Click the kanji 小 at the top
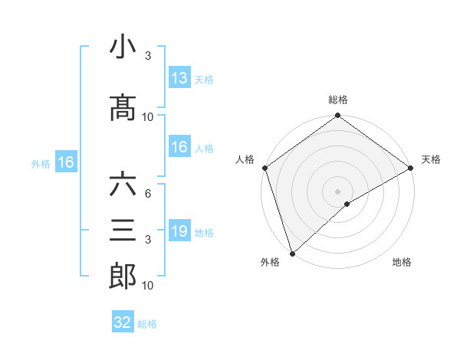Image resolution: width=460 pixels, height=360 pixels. click(x=123, y=47)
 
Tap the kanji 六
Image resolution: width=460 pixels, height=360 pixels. click(x=123, y=185)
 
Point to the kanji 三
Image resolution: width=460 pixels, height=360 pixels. click(x=123, y=231)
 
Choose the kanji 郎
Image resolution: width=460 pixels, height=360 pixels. click(x=123, y=276)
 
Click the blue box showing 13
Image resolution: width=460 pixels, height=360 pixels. click(x=179, y=78)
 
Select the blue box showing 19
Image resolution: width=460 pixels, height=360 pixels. click(x=179, y=231)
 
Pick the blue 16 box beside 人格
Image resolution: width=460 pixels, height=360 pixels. click(x=179, y=148)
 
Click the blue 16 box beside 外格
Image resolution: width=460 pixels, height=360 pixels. click(x=66, y=162)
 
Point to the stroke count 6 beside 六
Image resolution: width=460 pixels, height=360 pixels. click(x=147, y=194)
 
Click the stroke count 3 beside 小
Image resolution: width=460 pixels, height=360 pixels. click(x=147, y=56)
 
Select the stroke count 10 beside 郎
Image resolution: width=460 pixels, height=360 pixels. click(x=147, y=286)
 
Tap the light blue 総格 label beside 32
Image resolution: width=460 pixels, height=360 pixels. click(x=147, y=324)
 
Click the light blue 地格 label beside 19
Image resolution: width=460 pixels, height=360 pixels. click(x=204, y=232)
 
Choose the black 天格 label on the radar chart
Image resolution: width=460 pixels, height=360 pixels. click(x=431, y=159)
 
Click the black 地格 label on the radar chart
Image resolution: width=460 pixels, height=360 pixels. click(x=402, y=262)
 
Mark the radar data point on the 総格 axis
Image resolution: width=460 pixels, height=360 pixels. click(x=337, y=116)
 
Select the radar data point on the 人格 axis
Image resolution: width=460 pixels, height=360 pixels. click(x=265, y=168)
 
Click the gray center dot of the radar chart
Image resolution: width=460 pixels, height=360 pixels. click(x=337, y=190)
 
